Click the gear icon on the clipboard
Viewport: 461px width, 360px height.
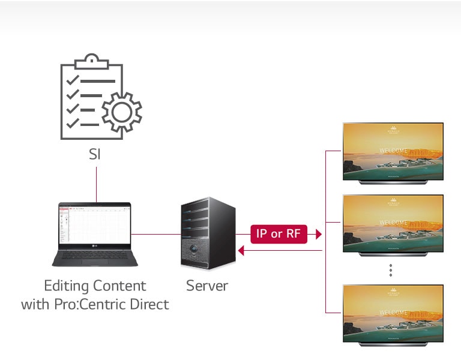click(x=122, y=112)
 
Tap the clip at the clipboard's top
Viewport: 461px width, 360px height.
click(x=91, y=60)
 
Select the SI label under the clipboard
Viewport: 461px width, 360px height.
click(x=95, y=154)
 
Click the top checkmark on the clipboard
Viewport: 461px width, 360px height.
click(x=73, y=80)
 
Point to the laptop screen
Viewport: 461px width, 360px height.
click(x=95, y=223)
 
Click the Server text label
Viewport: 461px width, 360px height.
click(x=206, y=286)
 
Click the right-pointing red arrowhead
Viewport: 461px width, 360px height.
click(x=318, y=234)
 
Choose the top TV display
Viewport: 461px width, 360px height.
click(x=393, y=152)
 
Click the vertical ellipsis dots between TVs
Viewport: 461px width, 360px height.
click(x=391, y=271)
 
